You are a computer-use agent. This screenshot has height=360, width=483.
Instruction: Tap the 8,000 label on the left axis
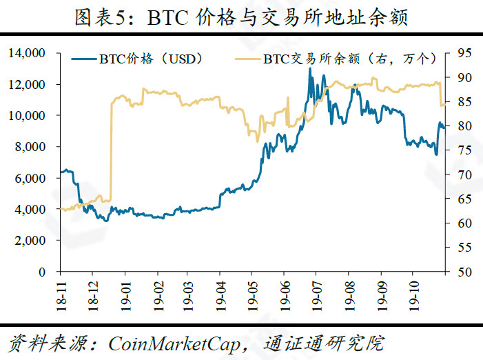click(x=31, y=147)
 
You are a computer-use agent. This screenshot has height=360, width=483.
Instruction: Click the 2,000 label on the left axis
click(x=31, y=241)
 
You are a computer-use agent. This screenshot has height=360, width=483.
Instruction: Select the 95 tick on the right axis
click(x=463, y=52)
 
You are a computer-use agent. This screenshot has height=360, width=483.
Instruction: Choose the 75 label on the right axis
click(x=463, y=150)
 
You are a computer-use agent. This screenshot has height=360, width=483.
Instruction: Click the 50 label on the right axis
click(x=463, y=272)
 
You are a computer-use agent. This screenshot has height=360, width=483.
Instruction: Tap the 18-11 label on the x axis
click(x=61, y=289)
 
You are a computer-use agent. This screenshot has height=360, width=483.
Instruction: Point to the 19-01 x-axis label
click(x=125, y=289)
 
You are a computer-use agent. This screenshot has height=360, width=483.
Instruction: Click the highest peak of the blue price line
click(x=310, y=68)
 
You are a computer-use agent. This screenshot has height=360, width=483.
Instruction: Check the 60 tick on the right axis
click(x=463, y=223)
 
